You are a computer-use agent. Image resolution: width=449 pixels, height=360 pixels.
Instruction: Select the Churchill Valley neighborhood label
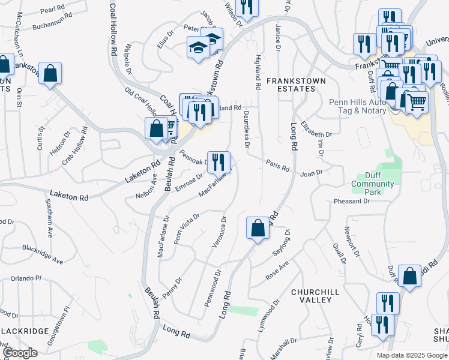pyautogui.click(x=312, y=295)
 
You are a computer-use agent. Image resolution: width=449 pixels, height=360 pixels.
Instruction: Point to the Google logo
pyautogui.click(x=20, y=353)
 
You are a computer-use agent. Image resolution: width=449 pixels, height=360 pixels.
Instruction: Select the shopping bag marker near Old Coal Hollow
pyautogui.click(x=156, y=128)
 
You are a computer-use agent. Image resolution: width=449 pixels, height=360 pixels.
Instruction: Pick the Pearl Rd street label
pyautogui.click(x=53, y=10)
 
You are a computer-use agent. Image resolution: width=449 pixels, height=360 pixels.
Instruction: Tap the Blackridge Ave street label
pyautogui.click(x=43, y=254)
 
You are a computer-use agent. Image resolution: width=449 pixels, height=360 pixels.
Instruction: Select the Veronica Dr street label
pyautogui.click(x=219, y=233)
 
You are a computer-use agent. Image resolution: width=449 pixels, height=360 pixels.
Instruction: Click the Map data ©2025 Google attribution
pyautogui.click(x=411, y=355)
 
